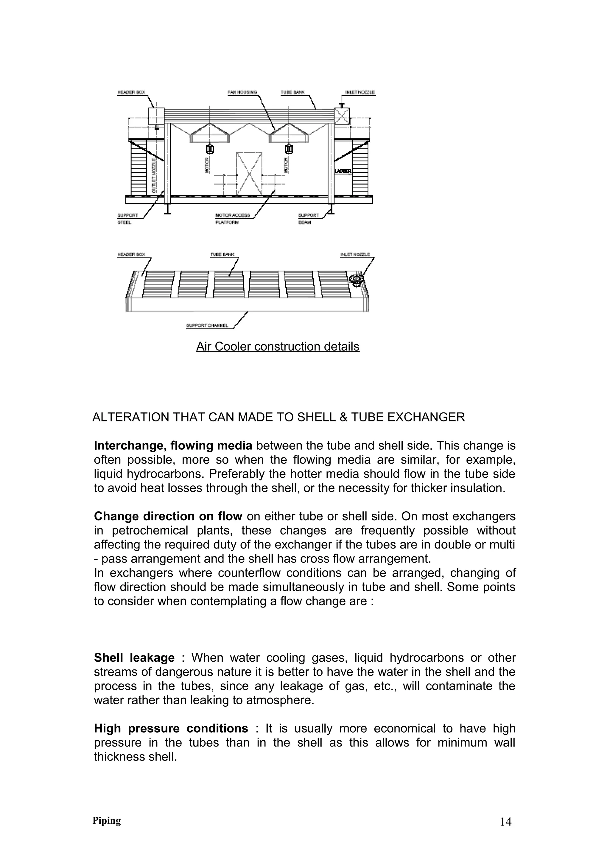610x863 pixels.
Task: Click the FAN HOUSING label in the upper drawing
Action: [x=242, y=92]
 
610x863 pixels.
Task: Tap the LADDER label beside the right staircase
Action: [x=343, y=172]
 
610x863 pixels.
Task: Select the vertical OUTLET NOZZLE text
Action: [x=154, y=175]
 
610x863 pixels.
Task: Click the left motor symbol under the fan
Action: [x=210, y=149]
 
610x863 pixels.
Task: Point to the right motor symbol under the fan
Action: [x=289, y=149]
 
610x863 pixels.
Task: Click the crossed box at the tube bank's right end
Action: [x=342, y=116]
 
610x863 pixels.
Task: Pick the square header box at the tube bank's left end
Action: [x=156, y=116]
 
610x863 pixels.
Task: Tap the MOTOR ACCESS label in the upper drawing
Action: [x=233, y=215]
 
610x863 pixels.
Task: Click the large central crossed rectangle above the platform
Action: [x=249, y=173]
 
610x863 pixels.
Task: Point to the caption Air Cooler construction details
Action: [x=278, y=346]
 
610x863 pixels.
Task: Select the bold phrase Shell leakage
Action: [x=134, y=658]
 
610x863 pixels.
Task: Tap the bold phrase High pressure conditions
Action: [x=171, y=728]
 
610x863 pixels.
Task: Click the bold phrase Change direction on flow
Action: [x=168, y=516]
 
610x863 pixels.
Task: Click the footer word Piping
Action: [x=107, y=820]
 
